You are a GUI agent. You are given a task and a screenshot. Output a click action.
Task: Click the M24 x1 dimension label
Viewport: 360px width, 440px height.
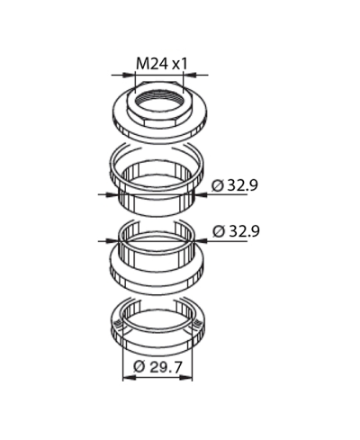(162, 64)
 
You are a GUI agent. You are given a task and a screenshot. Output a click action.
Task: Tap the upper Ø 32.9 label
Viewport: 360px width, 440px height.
(234, 185)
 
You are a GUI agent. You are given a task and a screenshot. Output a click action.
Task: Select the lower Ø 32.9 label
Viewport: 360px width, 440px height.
(236, 231)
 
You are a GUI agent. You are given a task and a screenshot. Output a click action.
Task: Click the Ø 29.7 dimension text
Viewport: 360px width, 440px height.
(157, 367)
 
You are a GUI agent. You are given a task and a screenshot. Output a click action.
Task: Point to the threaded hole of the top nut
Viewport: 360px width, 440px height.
(157, 100)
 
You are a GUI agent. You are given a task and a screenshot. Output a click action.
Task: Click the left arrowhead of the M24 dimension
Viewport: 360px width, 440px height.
(129, 75)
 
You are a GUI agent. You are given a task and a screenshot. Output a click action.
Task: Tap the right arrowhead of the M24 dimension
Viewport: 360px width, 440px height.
(189, 75)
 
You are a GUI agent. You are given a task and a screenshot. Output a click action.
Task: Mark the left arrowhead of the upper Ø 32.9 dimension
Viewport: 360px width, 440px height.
(112, 194)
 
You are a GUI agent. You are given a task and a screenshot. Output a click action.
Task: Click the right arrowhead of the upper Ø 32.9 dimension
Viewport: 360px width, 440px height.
(202, 194)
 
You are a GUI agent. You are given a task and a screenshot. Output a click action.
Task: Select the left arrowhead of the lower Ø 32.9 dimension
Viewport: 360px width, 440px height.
(112, 240)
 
